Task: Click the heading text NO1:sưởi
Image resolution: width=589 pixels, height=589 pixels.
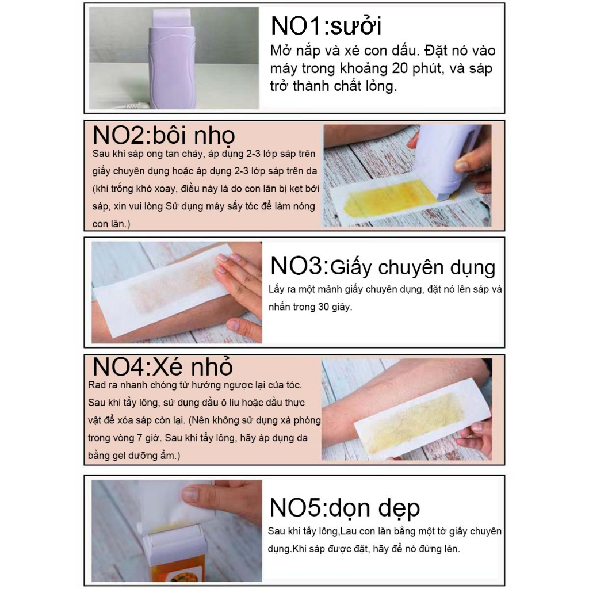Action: pos(326,25)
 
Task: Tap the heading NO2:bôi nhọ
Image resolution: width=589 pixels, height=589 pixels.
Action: pos(164,135)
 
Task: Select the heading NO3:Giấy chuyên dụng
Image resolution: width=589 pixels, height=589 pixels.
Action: pos(383,267)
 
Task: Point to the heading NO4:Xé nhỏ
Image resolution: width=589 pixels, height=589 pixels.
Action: pos(163,366)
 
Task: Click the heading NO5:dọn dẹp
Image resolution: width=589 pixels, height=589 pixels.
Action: pos(345,508)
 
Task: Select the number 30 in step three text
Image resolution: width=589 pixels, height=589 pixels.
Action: pos(323,307)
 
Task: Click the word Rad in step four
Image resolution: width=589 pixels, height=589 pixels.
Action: pos(97,385)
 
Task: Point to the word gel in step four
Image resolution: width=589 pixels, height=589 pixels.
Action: pos(118,456)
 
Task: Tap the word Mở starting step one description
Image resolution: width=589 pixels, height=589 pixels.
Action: pos(280,51)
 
